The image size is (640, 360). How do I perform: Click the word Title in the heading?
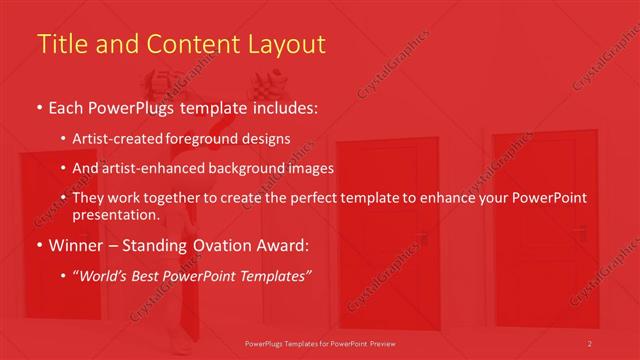(60, 44)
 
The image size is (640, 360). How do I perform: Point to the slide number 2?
(590, 344)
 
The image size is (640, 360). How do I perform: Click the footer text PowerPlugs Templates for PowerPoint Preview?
(319, 344)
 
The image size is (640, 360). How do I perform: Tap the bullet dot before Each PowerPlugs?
(39, 107)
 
